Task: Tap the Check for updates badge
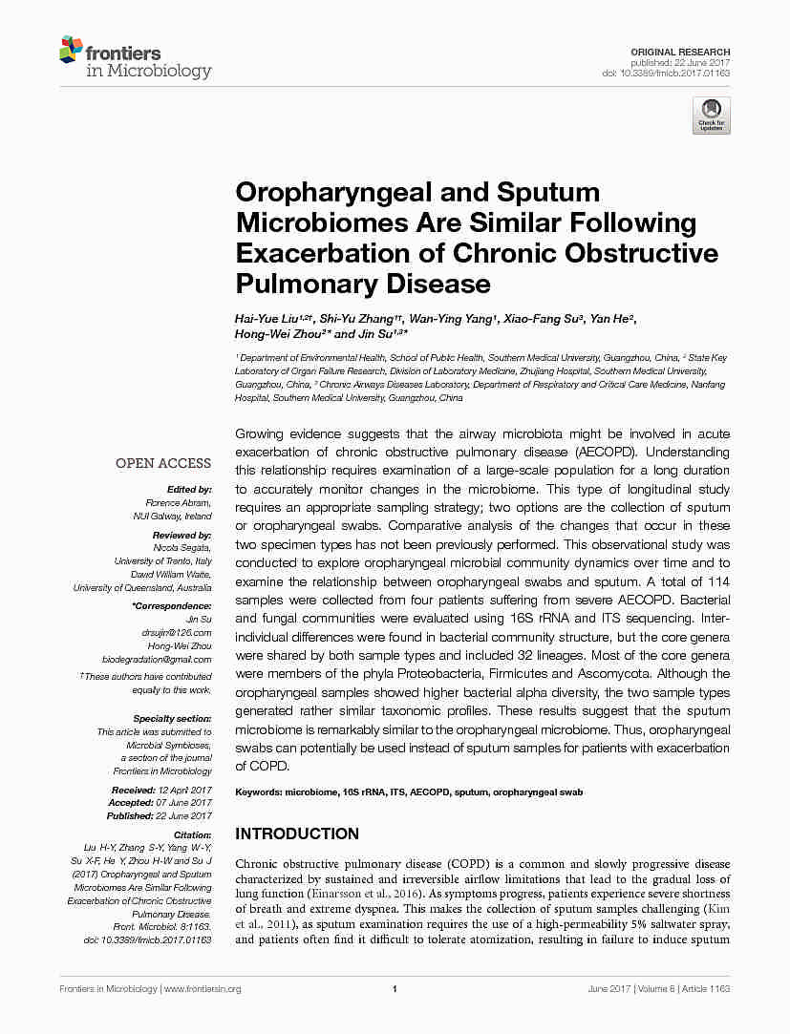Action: pos(711,115)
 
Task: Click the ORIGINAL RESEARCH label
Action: pos(680,52)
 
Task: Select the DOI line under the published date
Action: pos(666,74)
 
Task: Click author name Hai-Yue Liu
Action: pos(266,318)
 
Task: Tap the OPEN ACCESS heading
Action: pos(163,463)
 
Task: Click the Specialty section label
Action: pos(172,718)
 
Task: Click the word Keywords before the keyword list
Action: pos(258,792)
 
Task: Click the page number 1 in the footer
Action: pos(395,989)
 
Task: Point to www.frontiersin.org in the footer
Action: pos(203,989)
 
